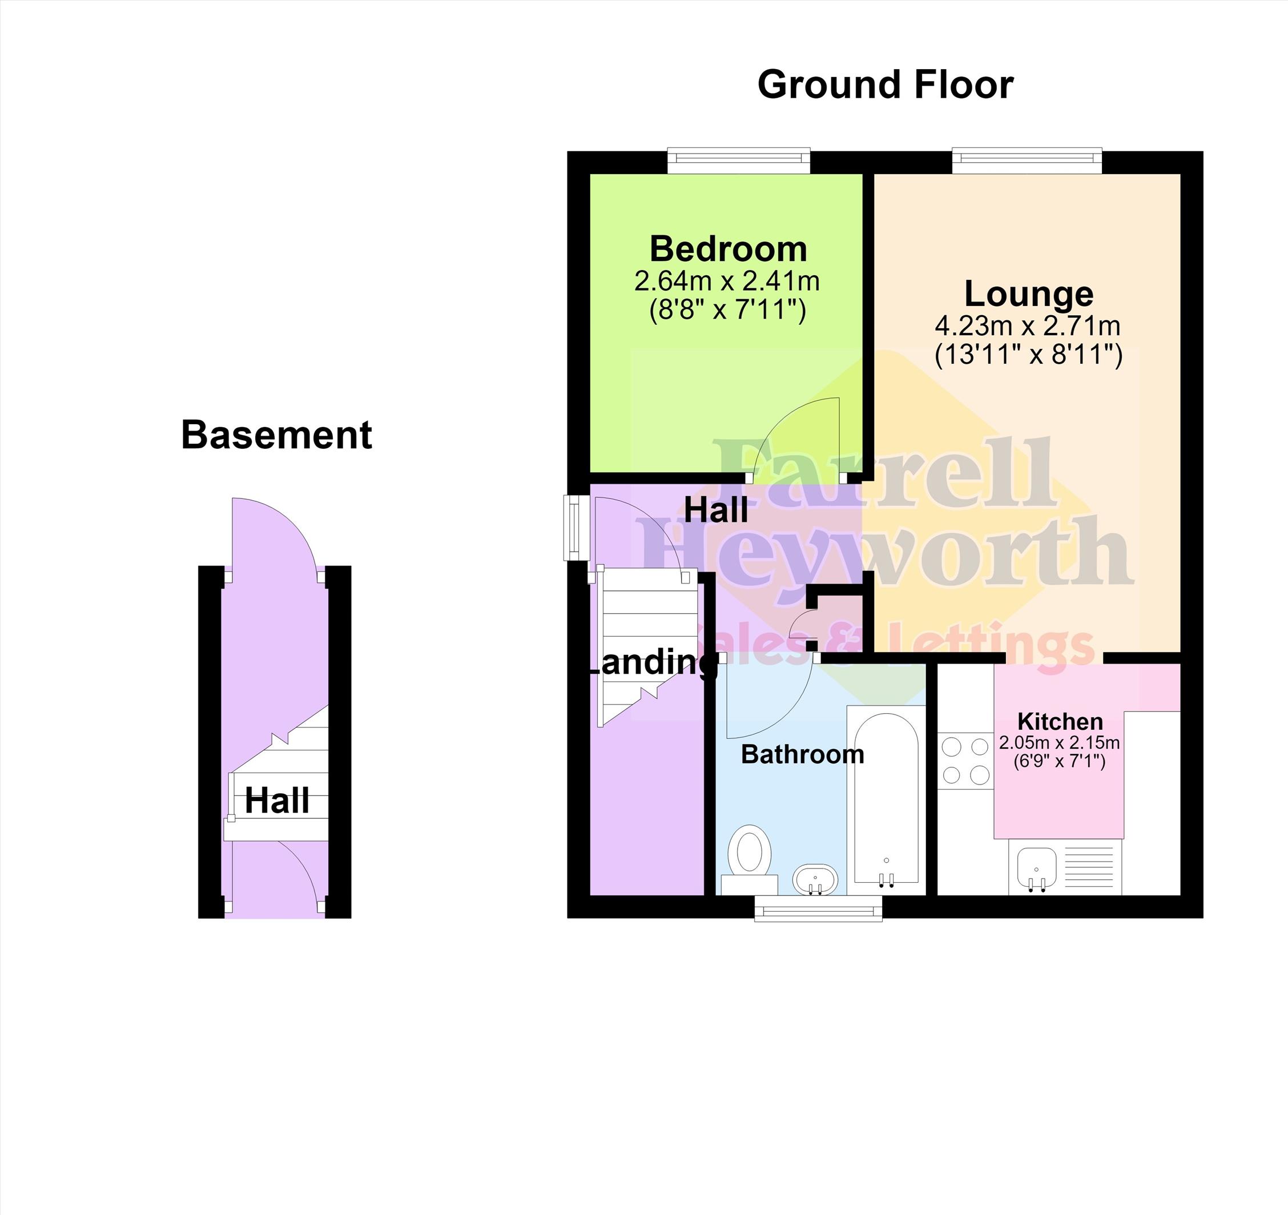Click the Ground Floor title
(x=885, y=85)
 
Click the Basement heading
(x=277, y=435)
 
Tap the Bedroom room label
(x=728, y=249)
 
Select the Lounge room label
(x=1029, y=295)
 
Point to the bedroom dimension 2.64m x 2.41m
(x=727, y=281)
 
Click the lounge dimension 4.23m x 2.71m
(x=1028, y=325)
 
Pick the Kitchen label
(x=1060, y=721)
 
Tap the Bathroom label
(x=802, y=754)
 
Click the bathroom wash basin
(x=815, y=879)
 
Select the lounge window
(x=1027, y=160)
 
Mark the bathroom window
(x=818, y=908)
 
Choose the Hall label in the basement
(x=277, y=802)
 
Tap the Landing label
(x=651, y=662)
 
